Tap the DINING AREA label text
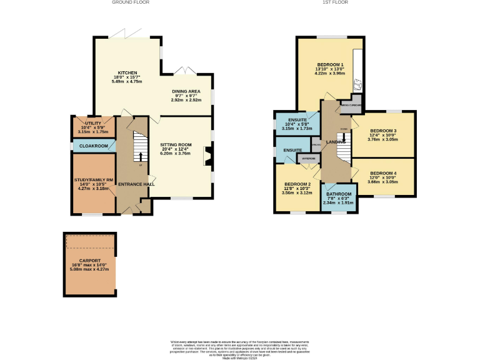tap(186, 91)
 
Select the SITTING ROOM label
tap(175, 144)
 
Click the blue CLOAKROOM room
tap(92, 146)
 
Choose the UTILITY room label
tap(92, 124)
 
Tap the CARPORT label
tap(90, 261)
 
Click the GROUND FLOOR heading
tap(130, 2)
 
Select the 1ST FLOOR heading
tap(335, 2)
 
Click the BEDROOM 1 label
tap(331, 65)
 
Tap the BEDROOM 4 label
tap(382, 172)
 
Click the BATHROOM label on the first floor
tap(338, 194)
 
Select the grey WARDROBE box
tap(309, 159)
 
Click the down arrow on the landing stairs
tap(343, 137)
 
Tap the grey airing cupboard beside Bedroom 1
tap(350, 105)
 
